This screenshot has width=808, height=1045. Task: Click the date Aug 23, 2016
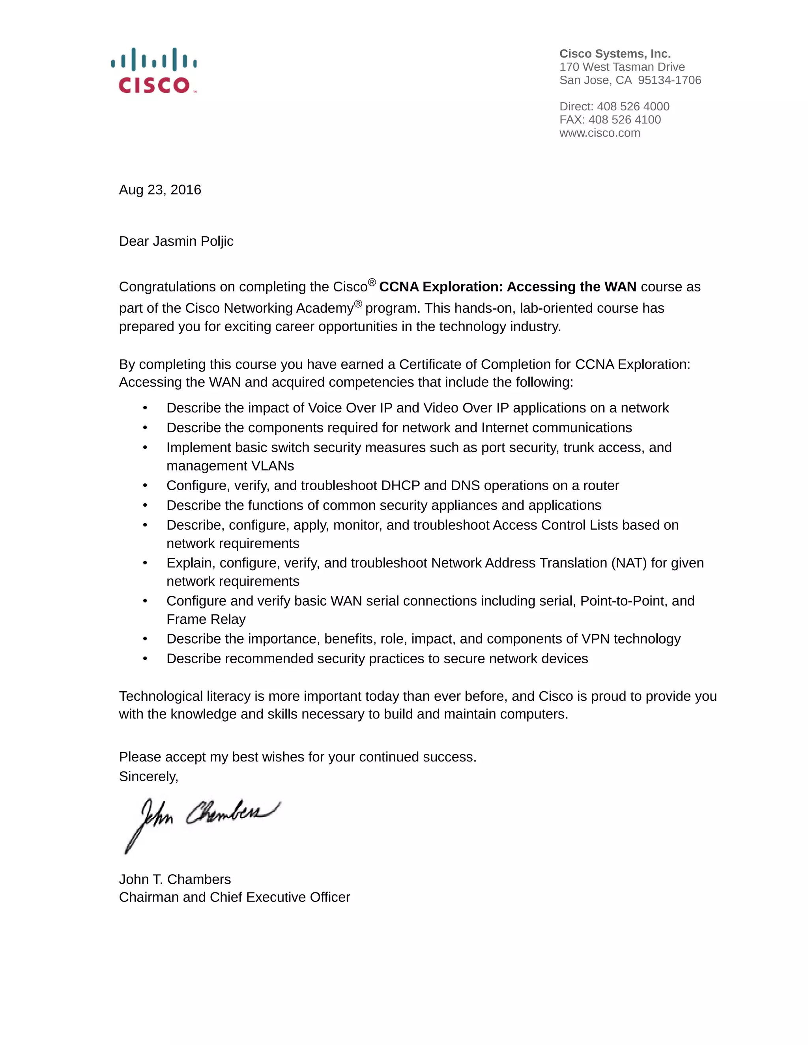click(x=160, y=190)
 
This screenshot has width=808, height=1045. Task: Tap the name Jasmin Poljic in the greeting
click(x=193, y=241)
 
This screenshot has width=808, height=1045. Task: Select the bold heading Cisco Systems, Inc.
click(x=615, y=54)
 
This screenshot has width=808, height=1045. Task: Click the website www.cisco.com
click(x=599, y=133)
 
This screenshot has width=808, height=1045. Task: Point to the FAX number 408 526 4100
click(x=624, y=119)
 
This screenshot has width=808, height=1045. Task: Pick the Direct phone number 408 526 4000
click(x=633, y=106)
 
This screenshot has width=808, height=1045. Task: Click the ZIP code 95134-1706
click(x=669, y=80)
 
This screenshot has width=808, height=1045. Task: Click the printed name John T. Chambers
click(x=175, y=879)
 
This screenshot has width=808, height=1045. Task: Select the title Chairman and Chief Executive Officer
click(x=234, y=897)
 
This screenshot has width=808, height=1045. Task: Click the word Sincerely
click(x=148, y=776)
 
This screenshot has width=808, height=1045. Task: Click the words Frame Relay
click(x=206, y=619)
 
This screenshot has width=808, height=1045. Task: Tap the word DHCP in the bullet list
click(x=400, y=486)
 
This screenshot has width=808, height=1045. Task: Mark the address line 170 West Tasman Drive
click(x=622, y=67)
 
